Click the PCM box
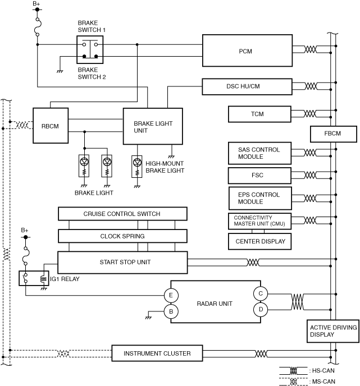point(245,50)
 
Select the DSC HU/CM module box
point(247,86)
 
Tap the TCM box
point(258,114)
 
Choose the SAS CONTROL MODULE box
point(260,153)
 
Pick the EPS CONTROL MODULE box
point(260,197)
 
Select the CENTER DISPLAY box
point(260,242)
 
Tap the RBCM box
point(50,126)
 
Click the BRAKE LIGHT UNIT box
point(152,127)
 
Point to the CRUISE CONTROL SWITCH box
point(122,214)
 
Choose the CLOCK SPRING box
point(122,236)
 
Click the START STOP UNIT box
point(122,262)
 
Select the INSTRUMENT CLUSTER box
point(157,353)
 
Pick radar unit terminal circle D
point(261,309)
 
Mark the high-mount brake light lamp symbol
point(137,163)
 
